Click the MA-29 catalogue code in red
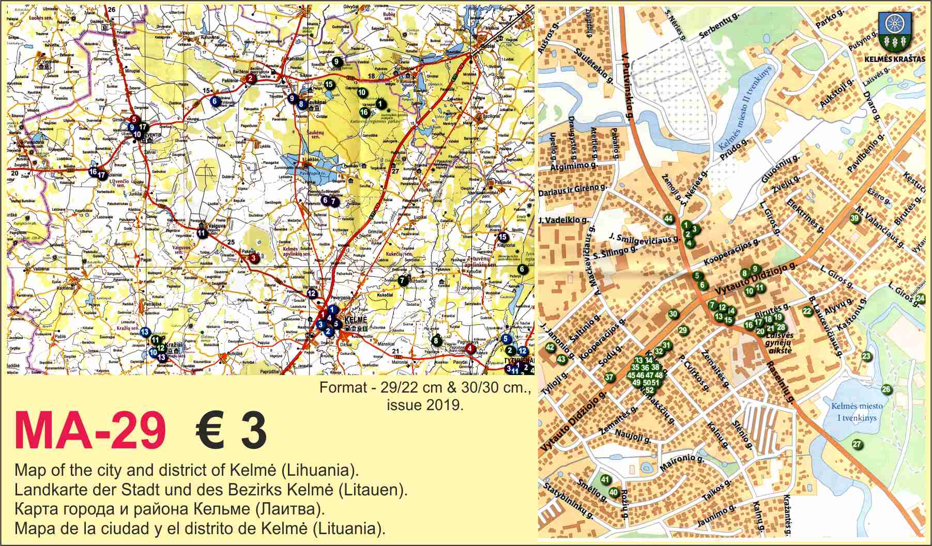pos(90,431)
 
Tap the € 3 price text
pos(231,431)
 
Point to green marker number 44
pos(668,219)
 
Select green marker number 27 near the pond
pos(857,444)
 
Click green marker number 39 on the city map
pos(854,219)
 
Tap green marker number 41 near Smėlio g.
pos(605,480)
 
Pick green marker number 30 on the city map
pos(673,314)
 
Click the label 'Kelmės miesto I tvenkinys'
pos(857,411)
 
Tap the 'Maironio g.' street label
pos(681,463)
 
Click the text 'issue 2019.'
pos(424,405)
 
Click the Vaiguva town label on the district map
pos(216,226)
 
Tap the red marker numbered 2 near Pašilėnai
pos(250,79)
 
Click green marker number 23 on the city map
pos(866,356)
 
